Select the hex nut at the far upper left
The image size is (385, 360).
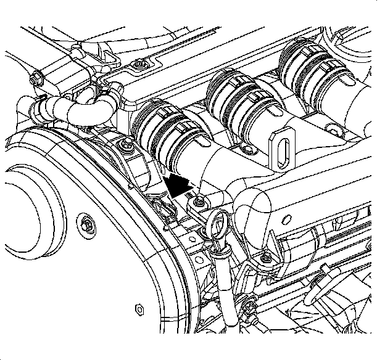[36, 78]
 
